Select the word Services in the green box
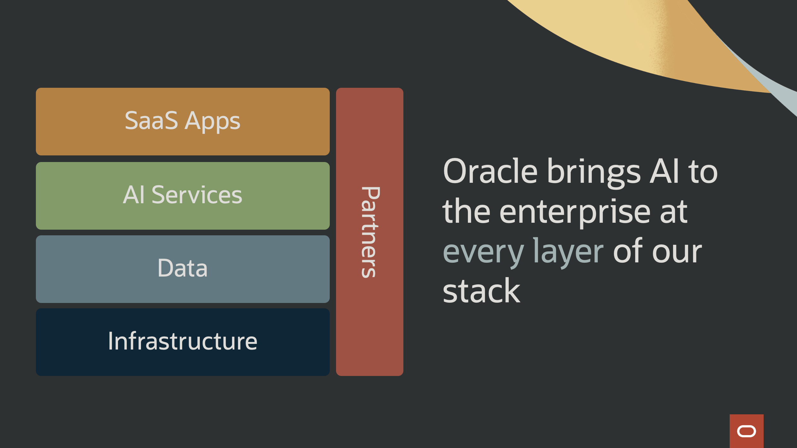(x=197, y=195)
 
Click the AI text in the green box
(x=134, y=195)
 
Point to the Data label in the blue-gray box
(x=182, y=268)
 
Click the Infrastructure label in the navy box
(x=182, y=341)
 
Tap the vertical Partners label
(x=370, y=232)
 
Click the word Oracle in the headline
(x=490, y=171)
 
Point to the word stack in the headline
(x=481, y=291)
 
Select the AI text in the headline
(x=664, y=171)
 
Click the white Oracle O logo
(x=746, y=431)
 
